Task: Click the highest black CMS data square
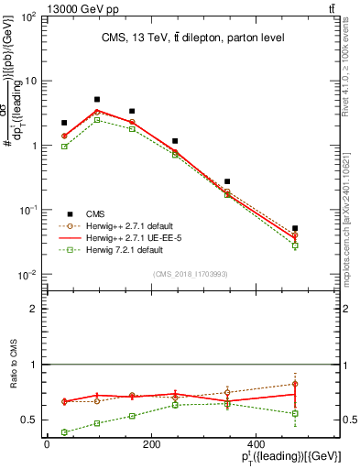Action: point(97,99)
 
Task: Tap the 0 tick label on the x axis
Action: point(47,446)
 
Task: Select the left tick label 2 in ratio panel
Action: point(34,310)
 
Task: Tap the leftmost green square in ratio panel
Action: point(64,432)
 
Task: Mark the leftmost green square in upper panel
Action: point(64,146)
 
